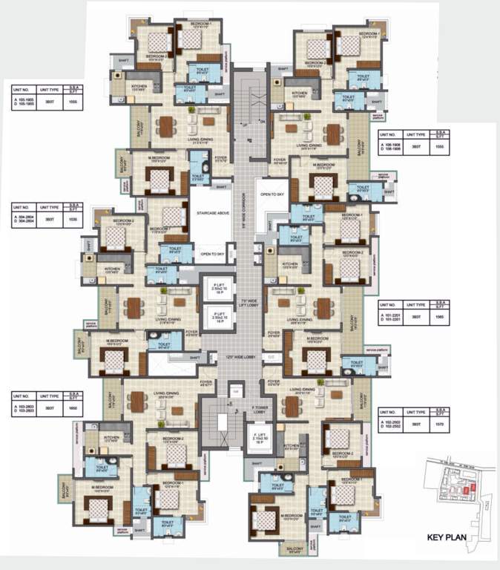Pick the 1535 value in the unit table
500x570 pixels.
72,220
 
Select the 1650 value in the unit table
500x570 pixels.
73,410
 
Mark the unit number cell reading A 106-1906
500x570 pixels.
390,148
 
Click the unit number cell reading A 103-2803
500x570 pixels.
24,410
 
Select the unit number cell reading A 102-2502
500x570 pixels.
392,424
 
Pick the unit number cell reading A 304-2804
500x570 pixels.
24,220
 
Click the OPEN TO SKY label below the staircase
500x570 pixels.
214,254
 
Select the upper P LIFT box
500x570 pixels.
220,288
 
